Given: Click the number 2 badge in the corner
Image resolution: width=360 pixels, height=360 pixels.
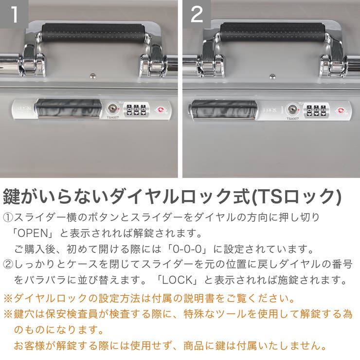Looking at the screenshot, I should click(196, 14).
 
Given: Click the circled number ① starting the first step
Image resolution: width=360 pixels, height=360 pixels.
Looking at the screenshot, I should click(9, 217).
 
